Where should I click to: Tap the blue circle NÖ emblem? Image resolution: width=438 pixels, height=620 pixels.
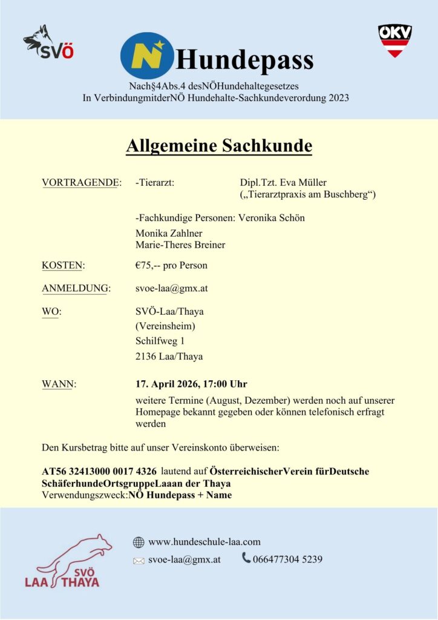[x=146, y=59]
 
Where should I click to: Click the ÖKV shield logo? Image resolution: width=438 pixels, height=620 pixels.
[x=394, y=41]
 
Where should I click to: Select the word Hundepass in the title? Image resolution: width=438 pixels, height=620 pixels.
[x=244, y=60]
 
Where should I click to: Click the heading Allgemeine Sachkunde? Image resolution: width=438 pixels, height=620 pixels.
[x=219, y=147]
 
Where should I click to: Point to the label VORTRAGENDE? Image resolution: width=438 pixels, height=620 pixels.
[x=81, y=183]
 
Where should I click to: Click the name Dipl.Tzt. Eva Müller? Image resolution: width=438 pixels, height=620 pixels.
[x=283, y=183]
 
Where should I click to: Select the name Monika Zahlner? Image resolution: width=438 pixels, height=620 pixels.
[x=169, y=233]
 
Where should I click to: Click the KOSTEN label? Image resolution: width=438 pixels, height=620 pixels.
[x=63, y=265]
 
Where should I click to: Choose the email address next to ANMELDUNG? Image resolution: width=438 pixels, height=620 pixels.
[x=172, y=288]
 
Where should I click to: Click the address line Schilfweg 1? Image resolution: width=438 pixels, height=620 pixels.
[x=160, y=341]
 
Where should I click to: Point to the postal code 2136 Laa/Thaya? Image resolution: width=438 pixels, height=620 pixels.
[x=169, y=357]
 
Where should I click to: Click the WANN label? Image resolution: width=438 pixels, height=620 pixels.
[x=59, y=384]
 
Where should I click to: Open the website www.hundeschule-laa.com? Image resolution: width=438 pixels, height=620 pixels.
[x=204, y=542]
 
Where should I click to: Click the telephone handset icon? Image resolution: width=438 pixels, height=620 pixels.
[x=246, y=558]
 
